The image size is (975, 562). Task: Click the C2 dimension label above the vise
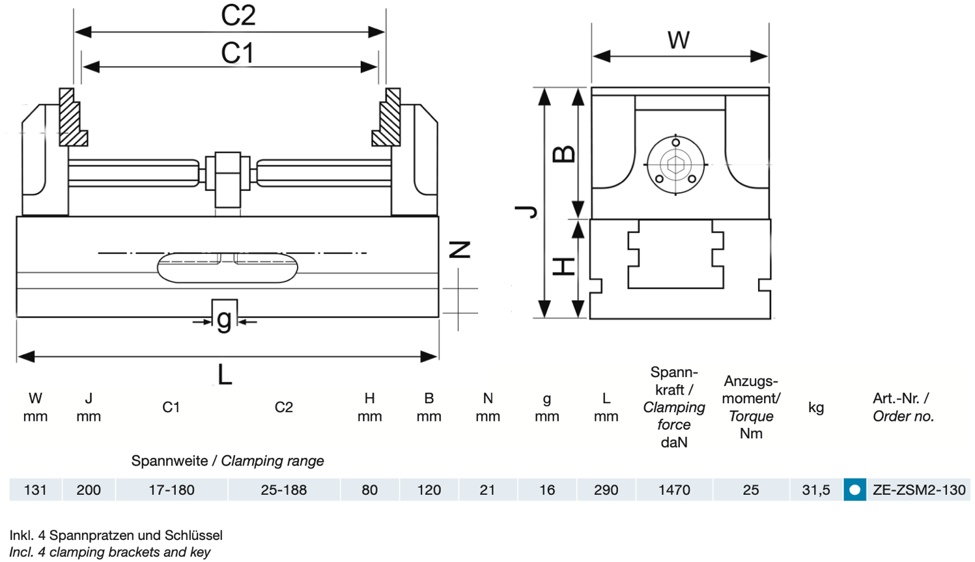[x=238, y=15]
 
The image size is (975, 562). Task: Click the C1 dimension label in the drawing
[x=237, y=53]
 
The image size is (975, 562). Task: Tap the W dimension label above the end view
[x=679, y=40]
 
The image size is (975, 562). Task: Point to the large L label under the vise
[x=225, y=375]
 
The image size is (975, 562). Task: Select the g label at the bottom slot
[x=224, y=320]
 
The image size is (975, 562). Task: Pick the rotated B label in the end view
[x=563, y=154]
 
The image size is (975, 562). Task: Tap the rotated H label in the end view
[x=563, y=266]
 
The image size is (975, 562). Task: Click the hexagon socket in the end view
[x=675, y=165]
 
